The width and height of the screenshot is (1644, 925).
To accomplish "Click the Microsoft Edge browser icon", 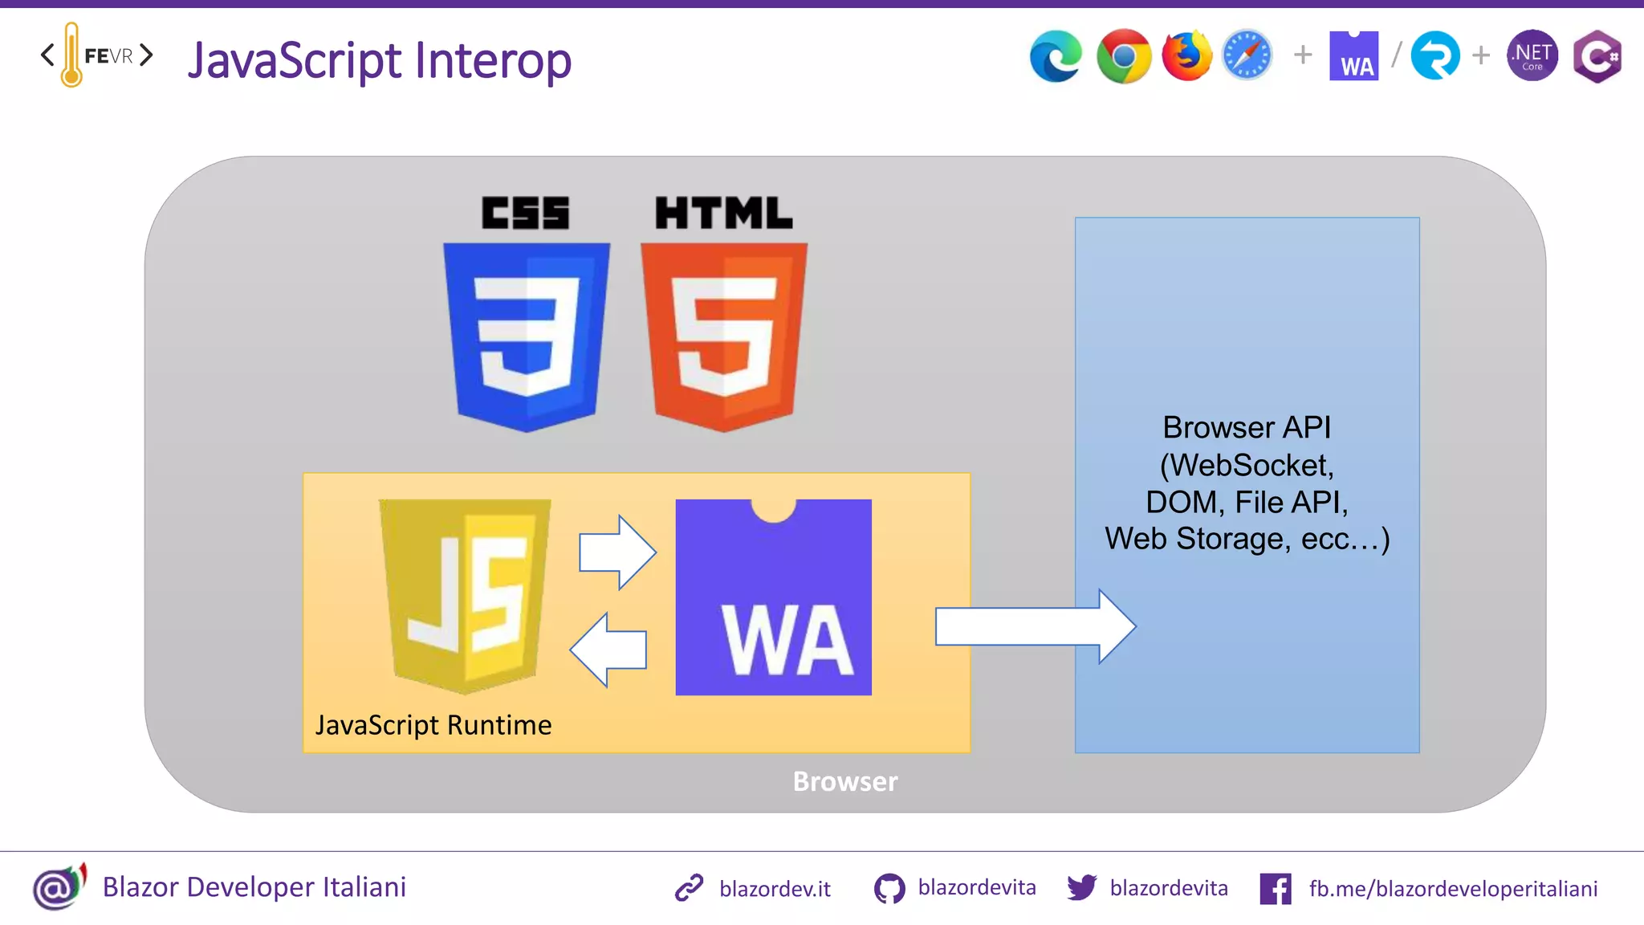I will point(1056,56).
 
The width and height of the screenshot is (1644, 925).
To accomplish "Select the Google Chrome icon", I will point(1124,56).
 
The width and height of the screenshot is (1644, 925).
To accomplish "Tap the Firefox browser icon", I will point(1186,56).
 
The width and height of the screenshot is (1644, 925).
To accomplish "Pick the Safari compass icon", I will point(1247,56).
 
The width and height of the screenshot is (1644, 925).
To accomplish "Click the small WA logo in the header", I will point(1354,56).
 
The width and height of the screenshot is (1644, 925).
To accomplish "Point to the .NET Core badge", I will point(1532,56).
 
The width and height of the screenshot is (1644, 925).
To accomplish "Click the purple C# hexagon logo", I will point(1597,56).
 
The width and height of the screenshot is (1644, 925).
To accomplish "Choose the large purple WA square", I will point(773,597).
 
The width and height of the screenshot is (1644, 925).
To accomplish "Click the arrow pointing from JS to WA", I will point(617,552).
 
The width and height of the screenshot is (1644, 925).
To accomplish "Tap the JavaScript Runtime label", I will point(433,725).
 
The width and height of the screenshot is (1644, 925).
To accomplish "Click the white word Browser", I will point(844,781).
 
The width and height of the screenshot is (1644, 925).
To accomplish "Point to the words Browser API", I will point(1247,427).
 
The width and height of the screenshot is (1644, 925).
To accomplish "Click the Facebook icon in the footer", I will point(1276,889).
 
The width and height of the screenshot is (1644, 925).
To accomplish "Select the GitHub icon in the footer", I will point(889,889).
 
